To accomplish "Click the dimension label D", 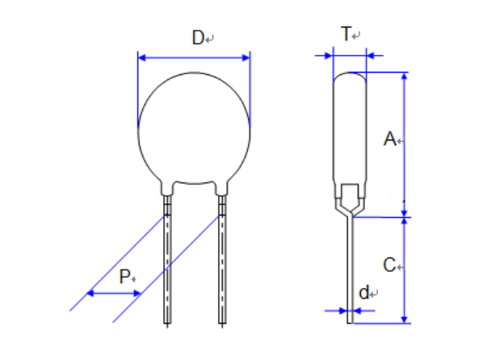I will [x=196, y=37].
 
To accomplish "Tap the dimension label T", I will [x=346, y=34].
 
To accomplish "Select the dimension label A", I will [x=389, y=140].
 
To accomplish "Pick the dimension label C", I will [x=389, y=265].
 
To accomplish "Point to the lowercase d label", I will [x=364, y=293].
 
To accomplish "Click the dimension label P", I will [x=124, y=277].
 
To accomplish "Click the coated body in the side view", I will [x=350, y=129].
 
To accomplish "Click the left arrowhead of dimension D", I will [x=143, y=57].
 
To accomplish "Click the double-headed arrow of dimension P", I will [x=113, y=293].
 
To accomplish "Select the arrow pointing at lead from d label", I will [x=342, y=310].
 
